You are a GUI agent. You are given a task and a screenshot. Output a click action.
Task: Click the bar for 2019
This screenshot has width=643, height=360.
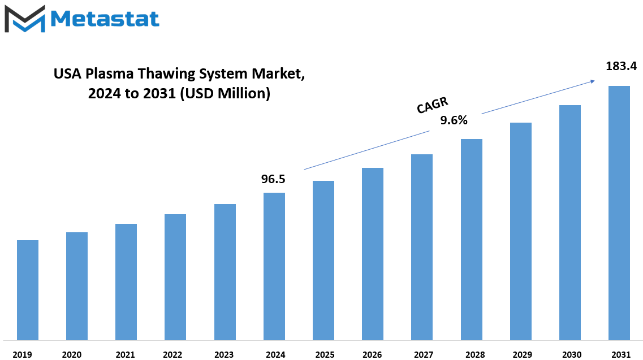click(x=28, y=290)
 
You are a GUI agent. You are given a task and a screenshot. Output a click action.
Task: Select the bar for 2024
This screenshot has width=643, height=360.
click(x=274, y=267)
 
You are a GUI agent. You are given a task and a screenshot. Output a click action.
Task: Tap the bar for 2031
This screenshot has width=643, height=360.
click(x=619, y=213)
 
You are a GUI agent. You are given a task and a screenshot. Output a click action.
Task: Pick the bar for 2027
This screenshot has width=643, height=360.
click(x=421, y=247)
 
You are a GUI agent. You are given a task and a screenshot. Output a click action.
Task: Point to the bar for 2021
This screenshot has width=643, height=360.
click(x=126, y=281)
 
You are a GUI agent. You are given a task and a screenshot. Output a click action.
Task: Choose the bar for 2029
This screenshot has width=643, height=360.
click(x=521, y=231)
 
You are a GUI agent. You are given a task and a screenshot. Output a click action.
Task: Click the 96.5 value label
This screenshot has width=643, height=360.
click(x=273, y=179)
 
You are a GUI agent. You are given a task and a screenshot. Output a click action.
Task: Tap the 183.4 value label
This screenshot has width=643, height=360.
click(x=622, y=66)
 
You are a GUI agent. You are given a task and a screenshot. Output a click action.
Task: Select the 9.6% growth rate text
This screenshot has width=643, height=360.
click(x=454, y=120)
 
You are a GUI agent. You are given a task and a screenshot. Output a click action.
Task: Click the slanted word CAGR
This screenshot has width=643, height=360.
click(x=433, y=105)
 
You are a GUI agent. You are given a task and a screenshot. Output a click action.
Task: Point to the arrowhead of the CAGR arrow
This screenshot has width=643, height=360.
click(x=593, y=81)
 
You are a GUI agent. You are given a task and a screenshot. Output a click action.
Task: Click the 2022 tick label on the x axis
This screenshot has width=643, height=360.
click(x=172, y=355)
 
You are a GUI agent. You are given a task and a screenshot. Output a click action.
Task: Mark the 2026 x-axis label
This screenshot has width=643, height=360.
click(x=372, y=355)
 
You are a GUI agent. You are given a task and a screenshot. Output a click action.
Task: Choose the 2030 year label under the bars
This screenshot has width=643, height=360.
click(x=572, y=355)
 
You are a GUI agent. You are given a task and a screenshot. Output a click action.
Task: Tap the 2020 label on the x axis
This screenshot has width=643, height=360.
click(x=72, y=355)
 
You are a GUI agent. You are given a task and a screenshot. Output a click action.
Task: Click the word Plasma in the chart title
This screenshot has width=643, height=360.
click(x=110, y=74)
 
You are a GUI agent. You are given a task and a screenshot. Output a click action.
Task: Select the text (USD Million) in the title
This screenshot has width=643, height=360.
click(x=225, y=93)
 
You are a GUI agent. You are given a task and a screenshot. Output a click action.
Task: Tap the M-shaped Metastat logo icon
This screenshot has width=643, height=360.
click(x=25, y=19)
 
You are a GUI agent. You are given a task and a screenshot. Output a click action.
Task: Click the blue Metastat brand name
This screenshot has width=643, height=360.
click(x=105, y=19)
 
